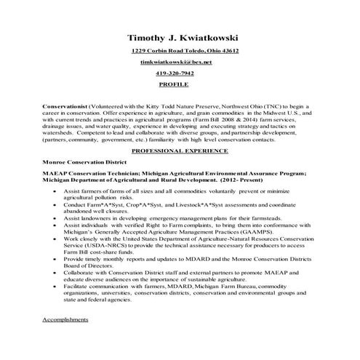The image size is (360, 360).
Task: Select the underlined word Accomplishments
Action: tap(65, 319)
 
